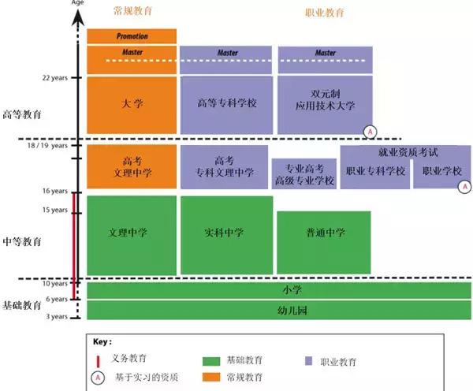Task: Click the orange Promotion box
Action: [x=132, y=36]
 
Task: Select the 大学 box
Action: [x=132, y=105]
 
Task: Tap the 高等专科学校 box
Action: [x=226, y=105]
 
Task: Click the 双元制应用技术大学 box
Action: [x=325, y=105]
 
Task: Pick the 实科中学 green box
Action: [x=226, y=235]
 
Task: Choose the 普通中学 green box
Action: [x=324, y=243]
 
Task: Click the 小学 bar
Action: [x=279, y=290]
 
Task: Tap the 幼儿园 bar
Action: [x=279, y=310]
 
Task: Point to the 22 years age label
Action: [x=55, y=78]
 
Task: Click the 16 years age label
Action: [x=55, y=191]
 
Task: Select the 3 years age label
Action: [x=57, y=316]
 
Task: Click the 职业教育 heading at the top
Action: [x=325, y=13]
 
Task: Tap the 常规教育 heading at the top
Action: [x=132, y=11]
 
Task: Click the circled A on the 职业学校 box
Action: [x=465, y=187]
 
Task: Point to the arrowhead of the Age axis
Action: [x=78, y=17]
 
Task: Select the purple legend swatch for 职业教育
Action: [x=308, y=361]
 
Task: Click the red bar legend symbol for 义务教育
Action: [x=98, y=362]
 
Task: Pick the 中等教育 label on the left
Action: [x=22, y=242]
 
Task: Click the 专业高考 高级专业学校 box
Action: [x=304, y=174]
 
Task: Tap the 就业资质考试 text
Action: [x=408, y=152]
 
